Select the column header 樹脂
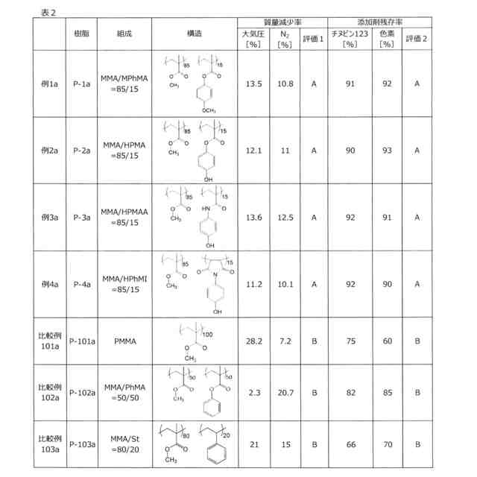click(x=82, y=34)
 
